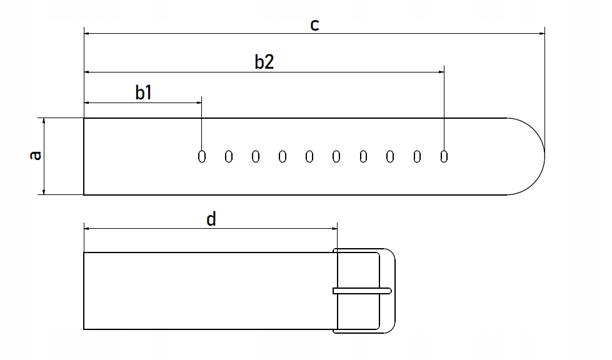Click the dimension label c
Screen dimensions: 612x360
coord(315,24)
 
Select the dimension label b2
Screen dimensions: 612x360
coord(264,62)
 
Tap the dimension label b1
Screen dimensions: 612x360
coord(144,92)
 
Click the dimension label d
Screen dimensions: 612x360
coord(211,219)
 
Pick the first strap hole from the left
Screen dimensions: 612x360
coord(201,156)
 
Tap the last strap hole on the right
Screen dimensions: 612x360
coord(444,156)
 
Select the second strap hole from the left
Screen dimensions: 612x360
coord(228,156)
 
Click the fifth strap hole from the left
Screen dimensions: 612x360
coord(309,156)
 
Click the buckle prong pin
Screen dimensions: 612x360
coord(362,291)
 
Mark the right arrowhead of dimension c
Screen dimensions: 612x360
coord(541,33)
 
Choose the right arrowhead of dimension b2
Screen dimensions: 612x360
coord(440,72)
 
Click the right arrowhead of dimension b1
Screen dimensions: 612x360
coord(198,102)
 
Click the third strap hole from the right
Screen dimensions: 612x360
coord(390,156)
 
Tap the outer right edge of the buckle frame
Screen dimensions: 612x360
coord(395,291)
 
